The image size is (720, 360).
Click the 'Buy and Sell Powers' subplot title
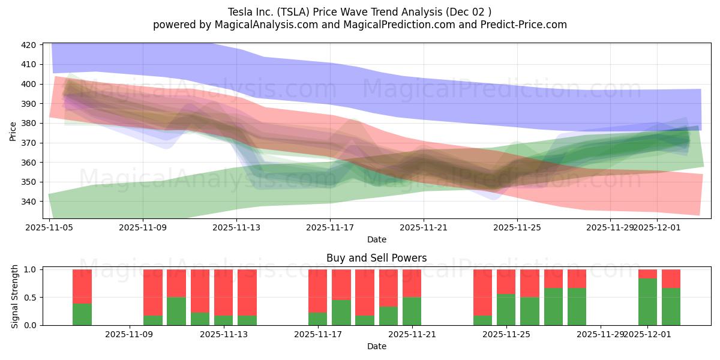pyautogui.click(x=376, y=258)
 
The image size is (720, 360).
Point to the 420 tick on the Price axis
pyautogui.click(x=29, y=45)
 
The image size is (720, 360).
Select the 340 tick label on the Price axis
pyautogui.click(x=29, y=202)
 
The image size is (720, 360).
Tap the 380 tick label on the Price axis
pyautogui.click(x=29, y=124)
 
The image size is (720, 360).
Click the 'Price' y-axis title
pyautogui.click(x=13, y=131)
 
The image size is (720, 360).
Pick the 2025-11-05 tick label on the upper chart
pyautogui.click(x=49, y=228)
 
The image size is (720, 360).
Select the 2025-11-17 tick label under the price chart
pyautogui.click(x=330, y=228)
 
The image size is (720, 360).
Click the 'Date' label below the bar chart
pyautogui.click(x=376, y=346)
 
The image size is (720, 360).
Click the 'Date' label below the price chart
pyautogui.click(x=376, y=239)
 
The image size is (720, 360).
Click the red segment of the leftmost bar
pyautogui.click(x=82, y=286)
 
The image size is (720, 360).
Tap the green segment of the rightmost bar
pyautogui.click(x=671, y=307)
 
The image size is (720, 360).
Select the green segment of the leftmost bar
pyautogui.click(x=82, y=314)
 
